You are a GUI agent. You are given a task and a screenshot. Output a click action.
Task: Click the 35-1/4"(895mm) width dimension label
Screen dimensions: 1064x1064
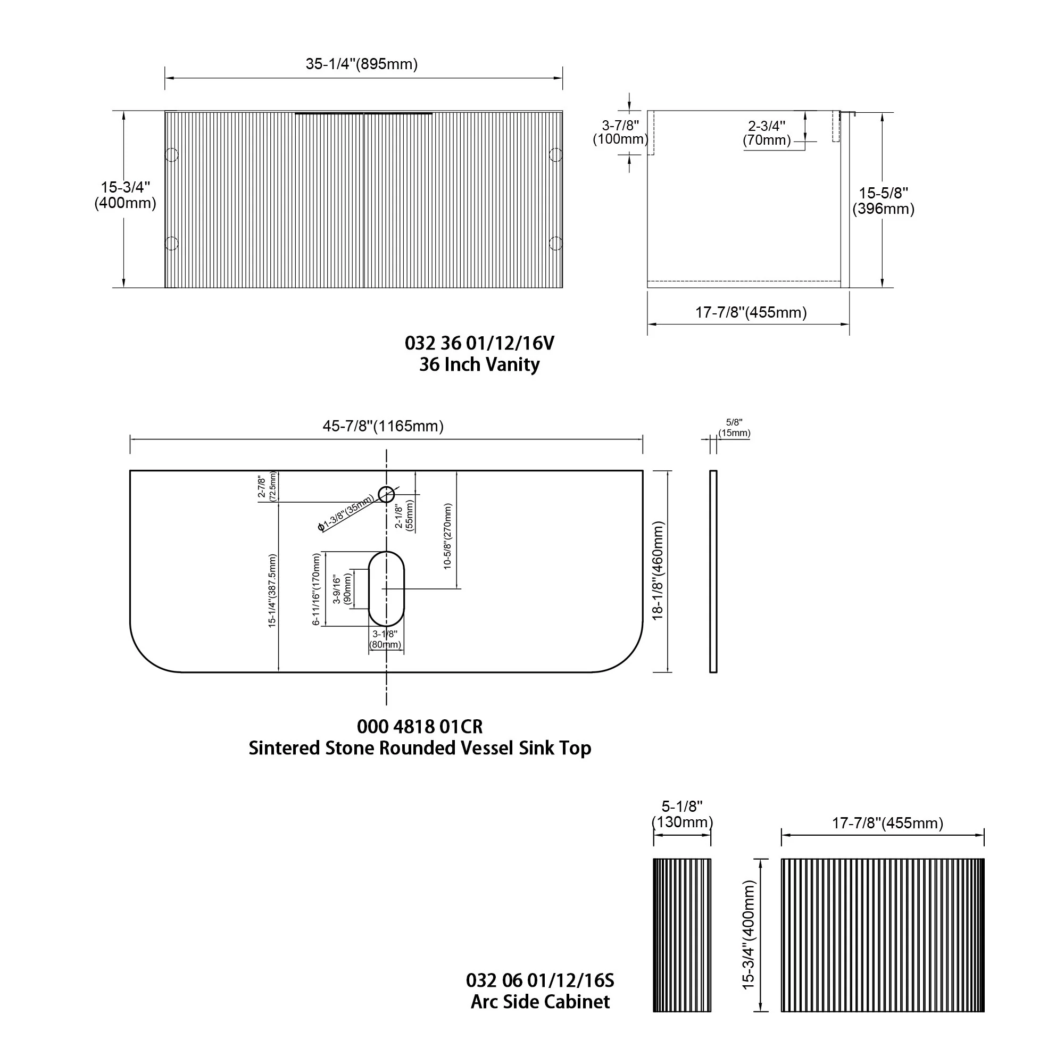(361, 64)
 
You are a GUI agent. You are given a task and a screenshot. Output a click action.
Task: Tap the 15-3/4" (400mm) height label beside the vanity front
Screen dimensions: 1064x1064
(125, 195)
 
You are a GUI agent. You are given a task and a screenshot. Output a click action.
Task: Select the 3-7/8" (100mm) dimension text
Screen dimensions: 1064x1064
(620, 132)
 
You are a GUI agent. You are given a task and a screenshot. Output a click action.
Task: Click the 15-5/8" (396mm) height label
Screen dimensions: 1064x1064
(883, 201)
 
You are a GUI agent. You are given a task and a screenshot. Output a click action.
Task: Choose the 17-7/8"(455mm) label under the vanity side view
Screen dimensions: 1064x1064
(751, 312)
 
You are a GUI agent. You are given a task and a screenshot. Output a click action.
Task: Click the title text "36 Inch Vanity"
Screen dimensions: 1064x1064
(479, 364)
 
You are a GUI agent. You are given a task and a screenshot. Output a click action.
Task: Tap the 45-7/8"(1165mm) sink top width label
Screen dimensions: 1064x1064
(383, 426)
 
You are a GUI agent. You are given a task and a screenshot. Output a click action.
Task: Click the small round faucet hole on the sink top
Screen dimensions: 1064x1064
(387, 495)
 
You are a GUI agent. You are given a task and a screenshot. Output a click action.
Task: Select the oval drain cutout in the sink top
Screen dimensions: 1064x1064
(386, 589)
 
